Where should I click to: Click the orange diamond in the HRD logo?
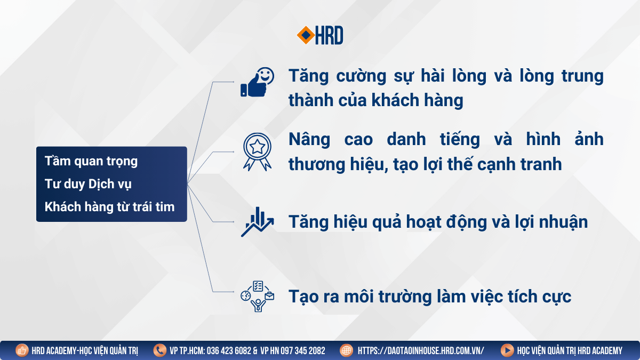coord(306,35)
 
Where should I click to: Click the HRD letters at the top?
coord(329,35)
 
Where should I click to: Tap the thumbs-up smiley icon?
coord(257,82)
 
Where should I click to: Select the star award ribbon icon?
coord(257,151)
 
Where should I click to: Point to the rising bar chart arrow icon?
coord(257,222)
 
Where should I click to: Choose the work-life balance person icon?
coord(257,297)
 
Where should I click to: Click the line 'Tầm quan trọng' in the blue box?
coord(91,162)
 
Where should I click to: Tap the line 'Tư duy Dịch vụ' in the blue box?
coord(88,184)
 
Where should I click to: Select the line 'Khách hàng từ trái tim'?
coord(109,206)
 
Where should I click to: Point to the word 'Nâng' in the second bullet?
coord(309,140)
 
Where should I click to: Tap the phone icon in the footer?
coord(159,350)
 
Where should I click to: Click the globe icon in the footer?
coord(347,350)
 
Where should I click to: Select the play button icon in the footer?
coord(507,350)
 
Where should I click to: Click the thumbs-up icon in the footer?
coord(22,350)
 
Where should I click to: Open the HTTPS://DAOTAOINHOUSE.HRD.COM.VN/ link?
coord(421,350)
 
